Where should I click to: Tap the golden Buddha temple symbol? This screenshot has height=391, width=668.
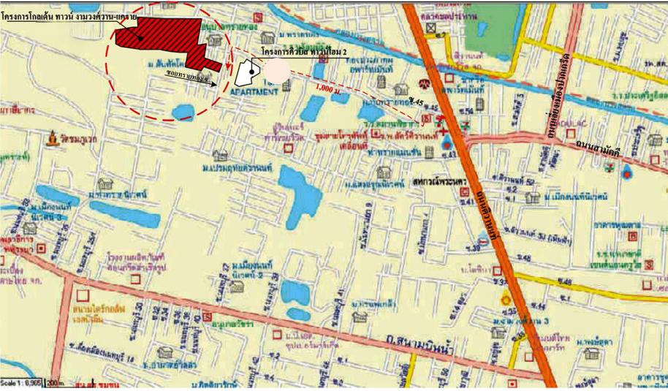[53, 137]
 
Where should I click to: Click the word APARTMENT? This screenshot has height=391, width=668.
[254, 93]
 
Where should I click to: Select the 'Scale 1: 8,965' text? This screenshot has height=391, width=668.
[22, 383]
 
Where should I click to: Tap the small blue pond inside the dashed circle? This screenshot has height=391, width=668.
[182, 111]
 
